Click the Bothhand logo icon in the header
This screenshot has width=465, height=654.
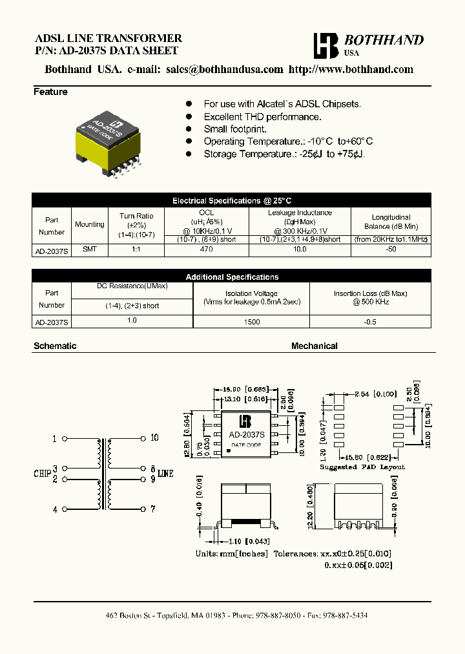325,46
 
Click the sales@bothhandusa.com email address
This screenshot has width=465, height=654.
224,70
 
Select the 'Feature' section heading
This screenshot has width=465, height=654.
50,92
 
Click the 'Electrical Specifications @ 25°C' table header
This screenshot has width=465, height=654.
232,201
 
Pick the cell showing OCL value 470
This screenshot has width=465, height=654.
206,249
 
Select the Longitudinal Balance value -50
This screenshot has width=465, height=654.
391,249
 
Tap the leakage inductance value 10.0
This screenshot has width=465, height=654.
300,249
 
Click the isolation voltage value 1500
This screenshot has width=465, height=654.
251,321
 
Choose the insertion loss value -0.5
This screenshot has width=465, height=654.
369,321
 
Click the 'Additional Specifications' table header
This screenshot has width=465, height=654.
232,277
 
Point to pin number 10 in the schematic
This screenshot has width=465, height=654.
154,438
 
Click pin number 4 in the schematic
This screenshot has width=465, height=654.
56,509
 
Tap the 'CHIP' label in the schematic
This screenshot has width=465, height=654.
42,474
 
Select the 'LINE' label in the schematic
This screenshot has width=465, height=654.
165,474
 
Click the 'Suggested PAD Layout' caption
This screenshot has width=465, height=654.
362,467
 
